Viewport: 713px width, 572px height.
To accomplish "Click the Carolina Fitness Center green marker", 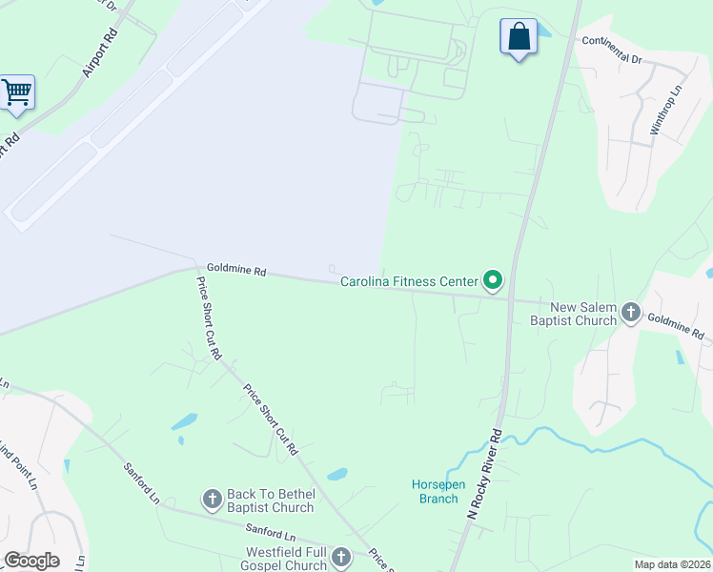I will click(493, 280).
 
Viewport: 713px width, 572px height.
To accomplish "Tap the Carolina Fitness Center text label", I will click(409, 282).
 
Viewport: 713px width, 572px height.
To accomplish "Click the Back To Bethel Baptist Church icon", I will click(213, 499).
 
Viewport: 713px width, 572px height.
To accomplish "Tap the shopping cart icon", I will click(16, 92).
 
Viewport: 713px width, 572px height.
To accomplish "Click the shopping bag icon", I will click(519, 36).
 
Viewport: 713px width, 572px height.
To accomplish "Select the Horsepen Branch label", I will click(438, 491).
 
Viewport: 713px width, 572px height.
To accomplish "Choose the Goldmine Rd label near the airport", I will click(235, 271).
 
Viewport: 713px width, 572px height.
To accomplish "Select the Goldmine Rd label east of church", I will click(676, 327).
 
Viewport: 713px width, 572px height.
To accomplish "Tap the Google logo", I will click(31, 561).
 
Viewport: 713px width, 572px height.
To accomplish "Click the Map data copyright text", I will click(671, 564).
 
